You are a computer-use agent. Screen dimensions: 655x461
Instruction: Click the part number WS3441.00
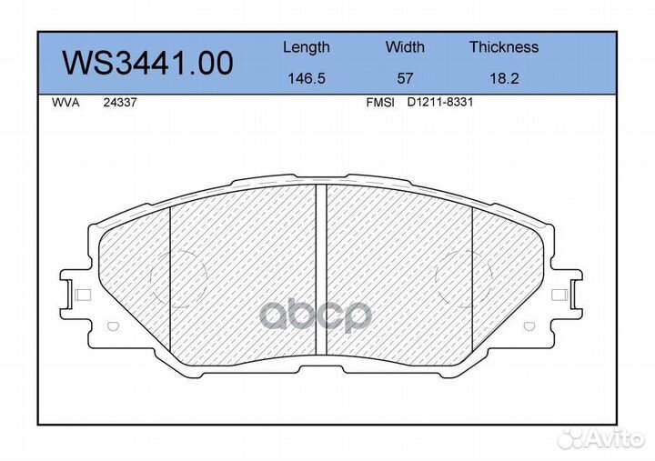[x=147, y=63]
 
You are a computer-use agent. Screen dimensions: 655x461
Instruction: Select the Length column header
[x=307, y=47]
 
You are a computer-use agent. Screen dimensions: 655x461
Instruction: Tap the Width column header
[x=405, y=46]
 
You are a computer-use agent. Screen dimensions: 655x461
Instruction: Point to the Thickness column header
[x=504, y=46]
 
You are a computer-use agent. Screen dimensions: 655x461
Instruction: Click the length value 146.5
[x=307, y=78]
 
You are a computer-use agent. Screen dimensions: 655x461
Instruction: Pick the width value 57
[x=405, y=78]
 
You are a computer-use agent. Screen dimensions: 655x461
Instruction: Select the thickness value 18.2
[x=504, y=78]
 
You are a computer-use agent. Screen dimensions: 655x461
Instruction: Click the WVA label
[x=65, y=103]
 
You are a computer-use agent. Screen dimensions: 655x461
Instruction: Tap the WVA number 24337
[x=120, y=103]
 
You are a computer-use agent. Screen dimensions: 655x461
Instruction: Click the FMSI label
[x=380, y=103]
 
